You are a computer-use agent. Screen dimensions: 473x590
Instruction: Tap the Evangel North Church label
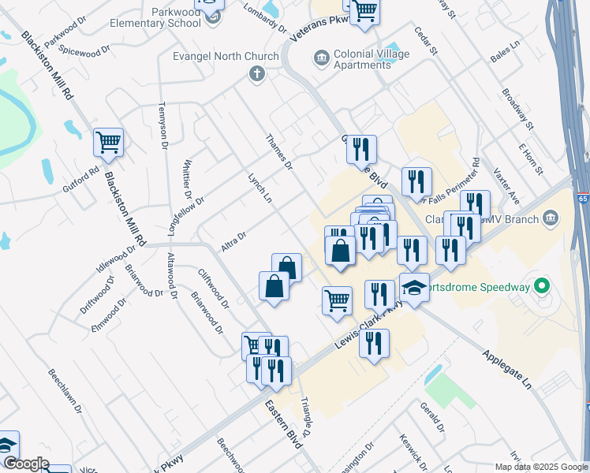pos(226,57)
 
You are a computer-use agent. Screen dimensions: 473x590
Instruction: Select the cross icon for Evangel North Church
pos(256,75)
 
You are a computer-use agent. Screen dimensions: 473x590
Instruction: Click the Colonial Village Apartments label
pos(361,59)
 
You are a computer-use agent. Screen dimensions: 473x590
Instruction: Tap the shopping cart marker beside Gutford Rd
pos(108,143)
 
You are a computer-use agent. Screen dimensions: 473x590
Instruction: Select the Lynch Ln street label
pos(260,189)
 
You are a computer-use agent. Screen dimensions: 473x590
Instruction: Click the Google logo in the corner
pos(25,464)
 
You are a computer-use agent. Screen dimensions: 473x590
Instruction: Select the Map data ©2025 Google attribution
pos(541,467)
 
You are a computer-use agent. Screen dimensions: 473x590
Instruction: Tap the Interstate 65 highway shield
pos(583,199)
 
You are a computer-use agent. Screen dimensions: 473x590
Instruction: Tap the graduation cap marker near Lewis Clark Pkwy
pos(415,289)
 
